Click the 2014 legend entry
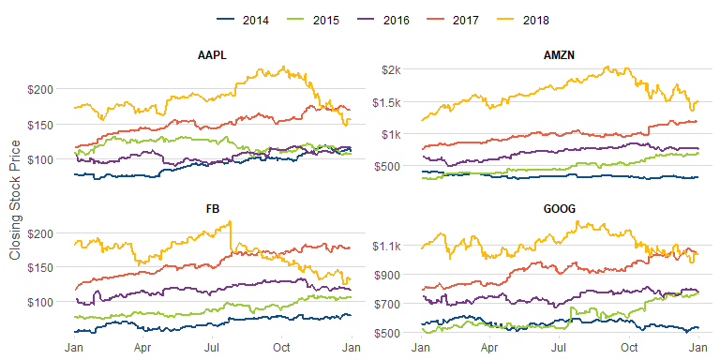tap(242, 20)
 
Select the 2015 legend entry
tap(312, 20)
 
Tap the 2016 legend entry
tap(382, 20)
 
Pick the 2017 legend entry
tap(452, 20)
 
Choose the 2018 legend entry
tap(522, 20)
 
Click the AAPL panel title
tap(213, 56)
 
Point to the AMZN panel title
tap(559, 56)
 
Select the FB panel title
tap(213, 209)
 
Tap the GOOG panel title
tap(559, 209)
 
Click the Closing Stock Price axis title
tap(15, 200)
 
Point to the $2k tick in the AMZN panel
tap(392, 69)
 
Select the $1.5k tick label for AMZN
tap(388, 102)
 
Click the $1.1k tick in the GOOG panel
tap(388, 246)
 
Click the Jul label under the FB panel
tap(212, 348)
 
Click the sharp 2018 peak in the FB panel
tap(230, 221)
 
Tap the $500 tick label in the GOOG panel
tap(390, 332)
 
